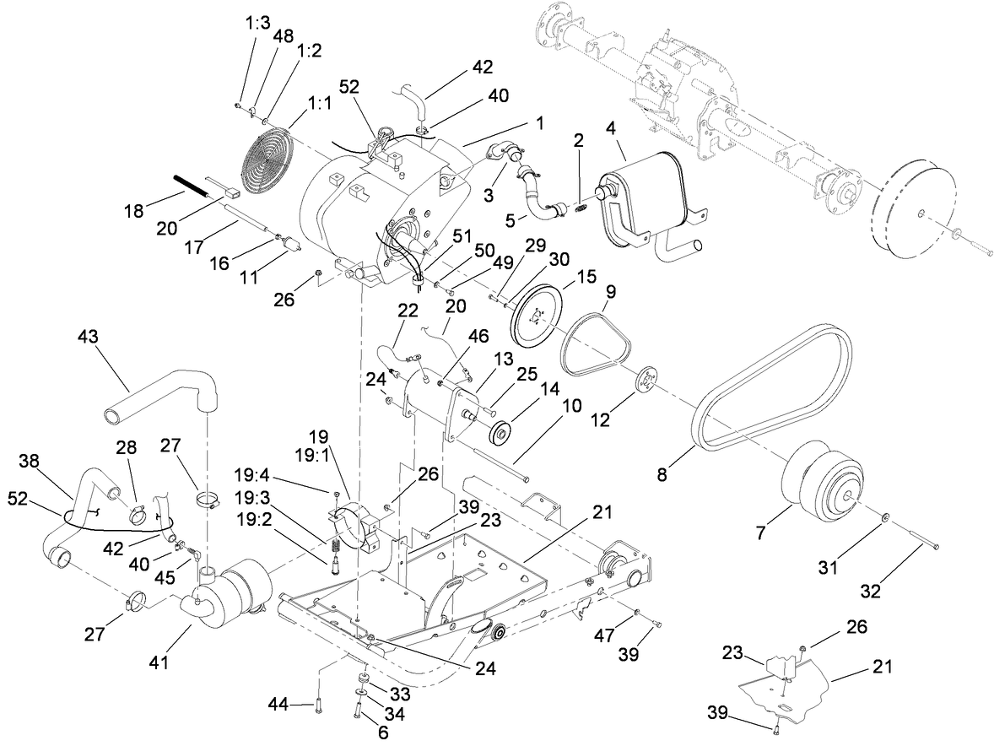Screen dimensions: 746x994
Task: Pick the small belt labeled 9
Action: [597, 344]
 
